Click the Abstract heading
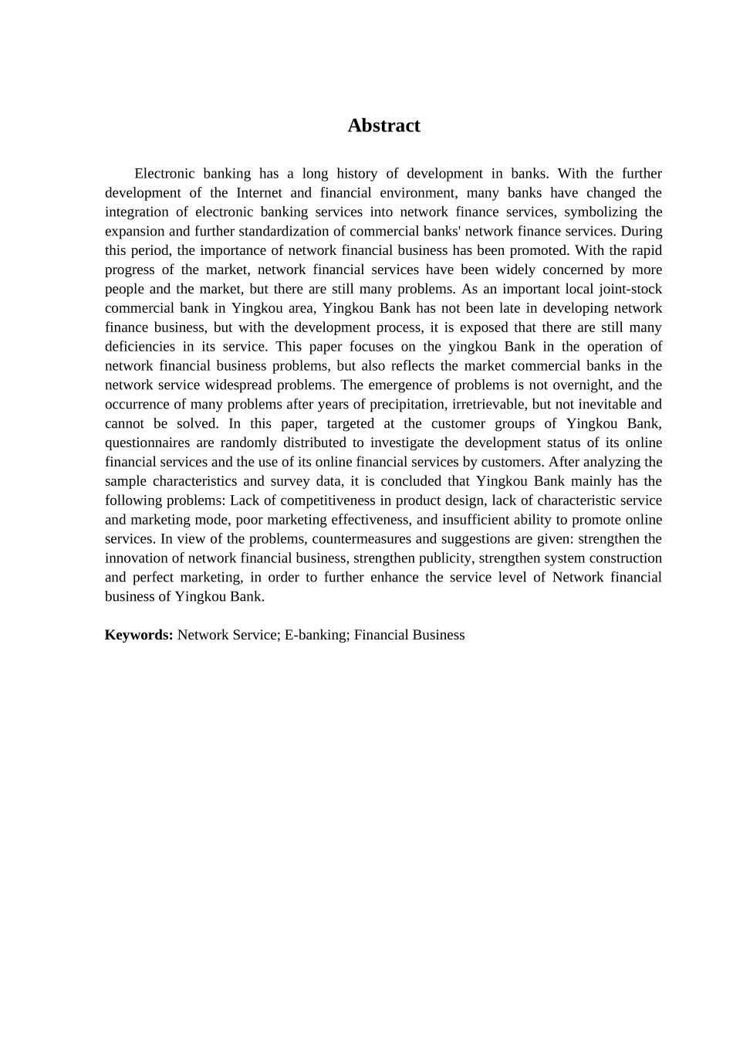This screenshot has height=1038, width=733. (x=383, y=126)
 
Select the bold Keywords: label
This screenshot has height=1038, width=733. (x=139, y=635)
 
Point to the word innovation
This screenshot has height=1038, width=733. (x=137, y=558)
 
